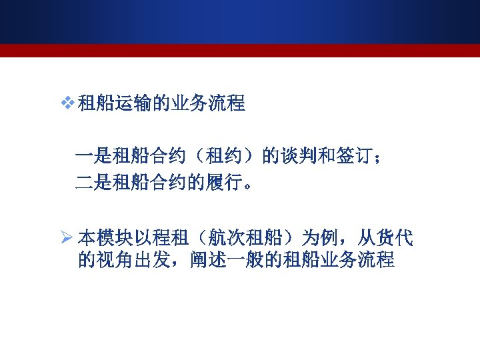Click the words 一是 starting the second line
tap(93, 157)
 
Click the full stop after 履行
tap(247, 185)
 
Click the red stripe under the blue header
tap(240, 51)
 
